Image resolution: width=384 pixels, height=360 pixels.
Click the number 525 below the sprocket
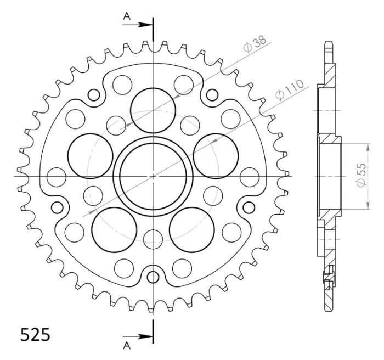tap(35, 334)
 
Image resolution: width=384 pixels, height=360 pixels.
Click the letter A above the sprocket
tap(126, 16)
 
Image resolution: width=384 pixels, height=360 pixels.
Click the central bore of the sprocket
tap(153, 176)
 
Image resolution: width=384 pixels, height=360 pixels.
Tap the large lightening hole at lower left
tap(114, 228)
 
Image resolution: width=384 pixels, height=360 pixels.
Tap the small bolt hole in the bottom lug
tap(153, 275)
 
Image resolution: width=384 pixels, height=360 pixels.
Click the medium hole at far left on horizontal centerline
tap(56, 176)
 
